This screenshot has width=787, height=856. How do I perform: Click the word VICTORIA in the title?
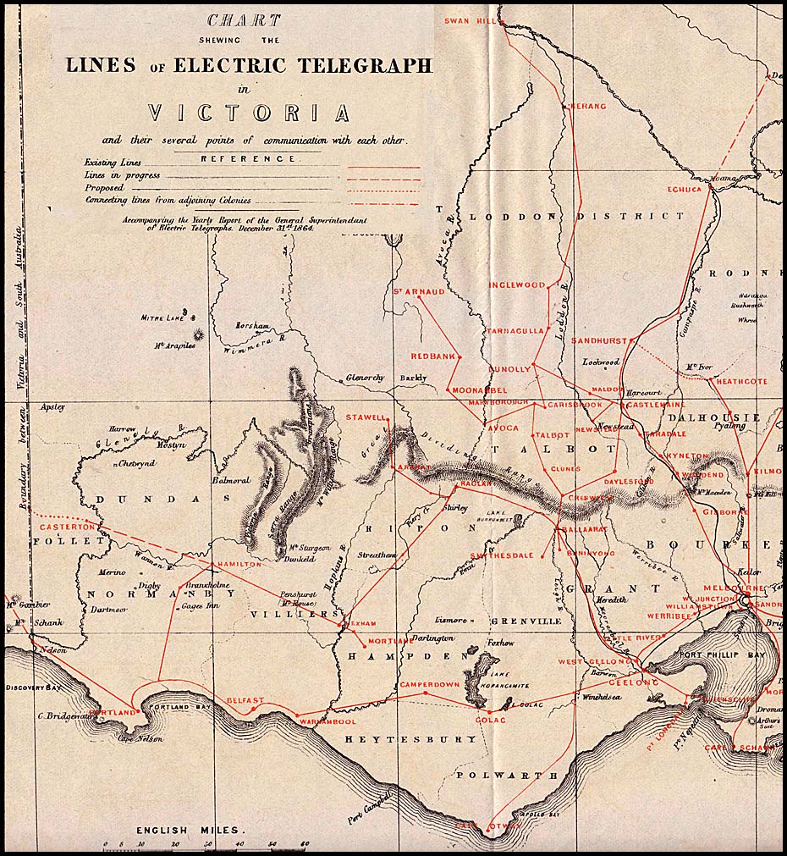click(x=249, y=113)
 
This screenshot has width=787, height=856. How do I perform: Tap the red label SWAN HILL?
click(x=468, y=19)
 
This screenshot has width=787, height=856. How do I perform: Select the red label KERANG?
click(x=588, y=106)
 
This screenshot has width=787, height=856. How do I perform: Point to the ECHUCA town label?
click(x=685, y=190)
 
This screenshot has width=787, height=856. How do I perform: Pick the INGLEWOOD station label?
click(x=517, y=285)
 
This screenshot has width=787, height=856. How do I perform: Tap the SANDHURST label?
click(x=598, y=340)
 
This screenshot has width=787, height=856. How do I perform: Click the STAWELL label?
click(x=365, y=417)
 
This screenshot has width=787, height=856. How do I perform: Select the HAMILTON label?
click(x=239, y=564)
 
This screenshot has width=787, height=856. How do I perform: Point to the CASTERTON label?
click(x=60, y=527)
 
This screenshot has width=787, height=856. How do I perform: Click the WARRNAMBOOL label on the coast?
click(x=327, y=721)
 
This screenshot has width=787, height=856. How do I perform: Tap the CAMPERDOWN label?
click(x=429, y=683)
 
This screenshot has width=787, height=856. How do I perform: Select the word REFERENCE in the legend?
click(x=249, y=158)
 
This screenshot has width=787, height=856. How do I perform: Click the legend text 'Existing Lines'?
click(x=113, y=163)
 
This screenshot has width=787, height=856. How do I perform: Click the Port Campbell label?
click(x=371, y=807)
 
